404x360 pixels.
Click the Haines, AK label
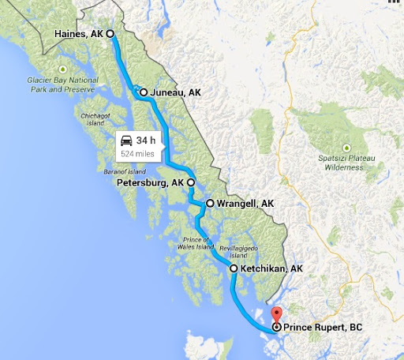click(x=80, y=34)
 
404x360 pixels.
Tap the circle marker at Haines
click(x=110, y=34)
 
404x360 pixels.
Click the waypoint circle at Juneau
click(x=144, y=92)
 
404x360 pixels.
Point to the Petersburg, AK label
click(x=150, y=182)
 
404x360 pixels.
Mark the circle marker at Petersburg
click(x=190, y=182)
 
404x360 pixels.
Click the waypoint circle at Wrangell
click(x=210, y=203)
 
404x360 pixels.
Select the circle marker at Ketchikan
click(x=234, y=269)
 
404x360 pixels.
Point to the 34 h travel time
click(x=145, y=141)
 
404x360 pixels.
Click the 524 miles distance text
click(x=138, y=153)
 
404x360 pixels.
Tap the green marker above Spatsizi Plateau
click(x=346, y=147)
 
